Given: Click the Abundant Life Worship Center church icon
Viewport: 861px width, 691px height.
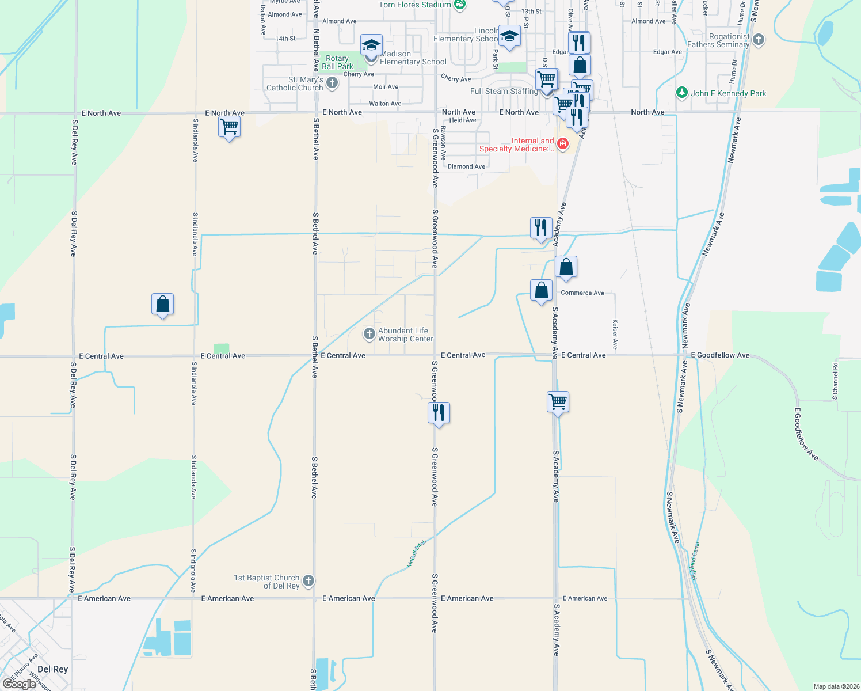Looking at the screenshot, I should pyautogui.click(x=369, y=334).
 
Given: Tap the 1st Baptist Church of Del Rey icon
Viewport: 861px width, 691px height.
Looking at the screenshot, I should pyautogui.click(x=308, y=581).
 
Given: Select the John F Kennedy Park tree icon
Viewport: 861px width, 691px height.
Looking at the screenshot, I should pyautogui.click(x=682, y=93).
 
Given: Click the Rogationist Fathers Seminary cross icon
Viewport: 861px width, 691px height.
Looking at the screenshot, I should pyautogui.click(x=759, y=40).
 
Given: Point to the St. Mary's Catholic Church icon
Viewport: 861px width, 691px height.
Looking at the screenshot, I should pyautogui.click(x=332, y=83).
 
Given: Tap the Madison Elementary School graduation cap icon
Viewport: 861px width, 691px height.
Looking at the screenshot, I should pyautogui.click(x=371, y=45).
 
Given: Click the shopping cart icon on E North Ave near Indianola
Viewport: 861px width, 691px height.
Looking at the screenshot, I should pyautogui.click(x=229, y=126).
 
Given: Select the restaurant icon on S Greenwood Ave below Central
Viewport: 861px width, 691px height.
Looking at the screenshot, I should pyautogui.click(x=439, y=412).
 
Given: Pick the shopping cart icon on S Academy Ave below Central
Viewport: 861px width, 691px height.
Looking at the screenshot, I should pyautogui.click(x=558, y=401).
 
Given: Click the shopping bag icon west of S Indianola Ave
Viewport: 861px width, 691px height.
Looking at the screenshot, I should pyautogui.click(x=163, y=303).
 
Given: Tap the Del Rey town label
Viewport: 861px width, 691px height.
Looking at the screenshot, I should pyautogui.click(x=52, y=669).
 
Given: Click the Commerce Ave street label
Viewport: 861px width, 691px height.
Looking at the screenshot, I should pyautogui.click(x=582, y=293).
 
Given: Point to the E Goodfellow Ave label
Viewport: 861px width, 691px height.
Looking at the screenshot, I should pyautogui.click(x=721, y=355).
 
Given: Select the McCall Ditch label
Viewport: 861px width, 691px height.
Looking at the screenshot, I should pyautogui.click(x=417, y=554).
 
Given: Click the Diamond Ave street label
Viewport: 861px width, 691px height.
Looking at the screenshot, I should pyautogui.click(x=466, y=166).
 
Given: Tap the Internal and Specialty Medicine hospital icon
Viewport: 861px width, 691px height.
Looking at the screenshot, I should pyautogui.click(x=562, y=143).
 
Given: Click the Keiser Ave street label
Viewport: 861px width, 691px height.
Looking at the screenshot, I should pyautogui.click(x=615, y=335).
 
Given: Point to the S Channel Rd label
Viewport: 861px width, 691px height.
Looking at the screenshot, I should pyautogui.click(x=835, y=381).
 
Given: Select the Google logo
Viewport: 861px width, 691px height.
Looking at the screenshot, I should pyautogui.click(x=19, y=684).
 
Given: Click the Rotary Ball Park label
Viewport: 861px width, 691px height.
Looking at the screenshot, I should pyautogui.click(x=337, y=62).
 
